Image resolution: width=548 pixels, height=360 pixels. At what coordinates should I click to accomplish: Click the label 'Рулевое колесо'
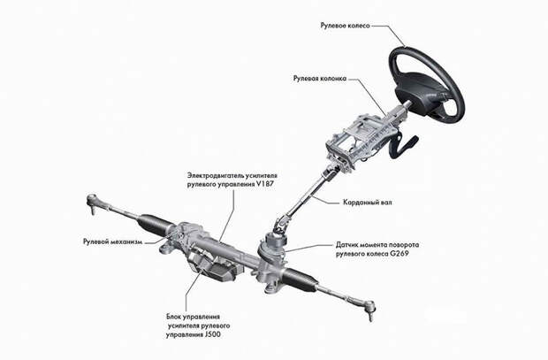point(345,26)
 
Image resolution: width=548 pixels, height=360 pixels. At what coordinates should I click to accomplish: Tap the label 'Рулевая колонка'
point(320,79)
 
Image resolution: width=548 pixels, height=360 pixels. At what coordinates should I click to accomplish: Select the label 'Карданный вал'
point(368,203)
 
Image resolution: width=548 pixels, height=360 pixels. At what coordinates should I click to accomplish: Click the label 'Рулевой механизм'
point(112,241)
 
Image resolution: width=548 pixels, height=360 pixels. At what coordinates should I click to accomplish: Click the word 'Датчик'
point(347,244)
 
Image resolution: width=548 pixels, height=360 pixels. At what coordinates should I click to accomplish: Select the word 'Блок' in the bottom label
point(174,317)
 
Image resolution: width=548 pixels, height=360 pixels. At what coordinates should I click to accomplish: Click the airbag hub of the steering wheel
point(423,90)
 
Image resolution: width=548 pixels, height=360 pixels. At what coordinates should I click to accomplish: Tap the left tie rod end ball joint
point(92,203)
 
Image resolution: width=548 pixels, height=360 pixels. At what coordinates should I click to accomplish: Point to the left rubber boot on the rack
point(153,223)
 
